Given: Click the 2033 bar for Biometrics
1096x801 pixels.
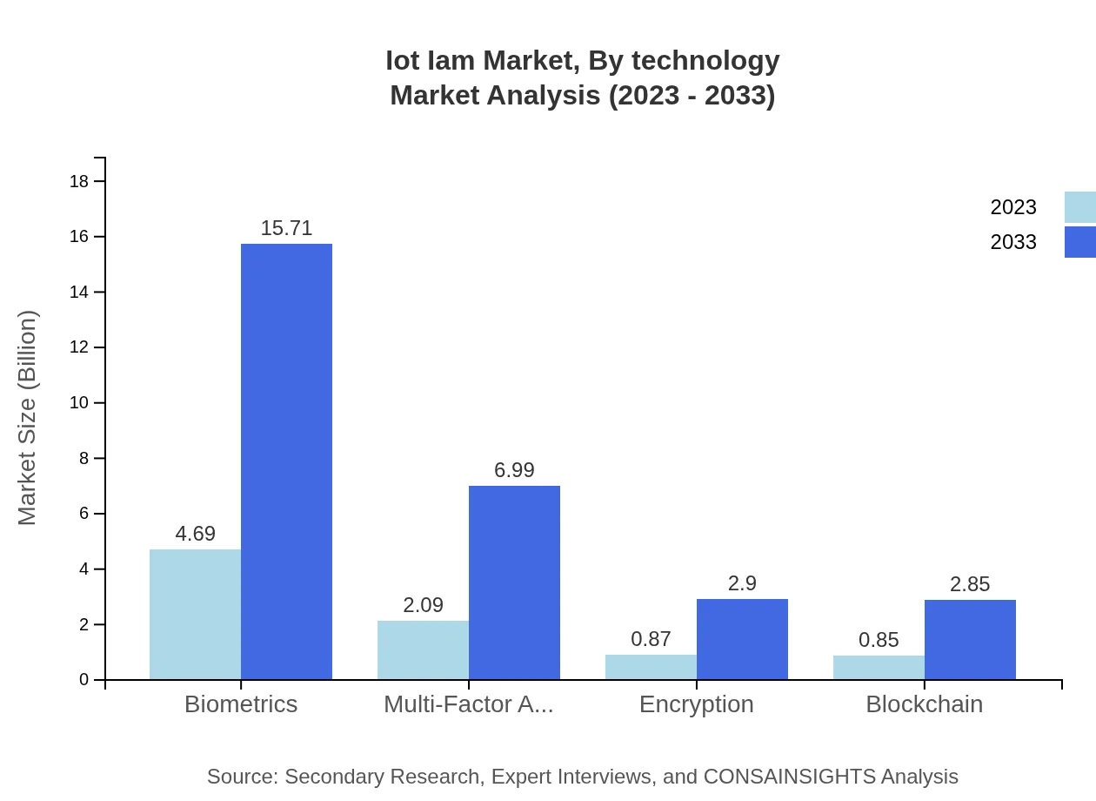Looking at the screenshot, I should click(286, 461).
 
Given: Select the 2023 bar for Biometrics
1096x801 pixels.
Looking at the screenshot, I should click(195, 614).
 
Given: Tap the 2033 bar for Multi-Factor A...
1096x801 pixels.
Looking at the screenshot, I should click(514, 582).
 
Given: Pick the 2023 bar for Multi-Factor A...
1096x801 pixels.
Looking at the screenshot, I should click(423, 650).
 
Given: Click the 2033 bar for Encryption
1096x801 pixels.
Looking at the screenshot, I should click(742, 639).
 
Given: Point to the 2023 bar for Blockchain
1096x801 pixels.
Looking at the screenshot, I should click(879, 667).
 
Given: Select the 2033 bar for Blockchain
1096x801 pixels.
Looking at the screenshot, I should click(970, 639).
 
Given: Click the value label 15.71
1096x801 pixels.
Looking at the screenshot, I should click(286, 228).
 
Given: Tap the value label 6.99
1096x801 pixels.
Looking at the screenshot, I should click(514, 470).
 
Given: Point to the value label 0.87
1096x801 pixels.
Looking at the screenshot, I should click(651, 639).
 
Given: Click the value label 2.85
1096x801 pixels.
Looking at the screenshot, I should click(970, 584).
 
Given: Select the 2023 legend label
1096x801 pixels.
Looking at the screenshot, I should click(1013, 207).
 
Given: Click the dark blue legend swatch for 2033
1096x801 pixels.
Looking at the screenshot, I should click(1079, 242).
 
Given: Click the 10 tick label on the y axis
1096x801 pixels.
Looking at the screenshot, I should click(79, 403).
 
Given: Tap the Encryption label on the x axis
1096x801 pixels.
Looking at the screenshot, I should click(696, 704).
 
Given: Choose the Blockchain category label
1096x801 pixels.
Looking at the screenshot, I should click(924, 704).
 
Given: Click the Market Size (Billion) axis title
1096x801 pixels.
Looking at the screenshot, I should click(28, 418).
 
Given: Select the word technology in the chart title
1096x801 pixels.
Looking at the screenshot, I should click(705, 61).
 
